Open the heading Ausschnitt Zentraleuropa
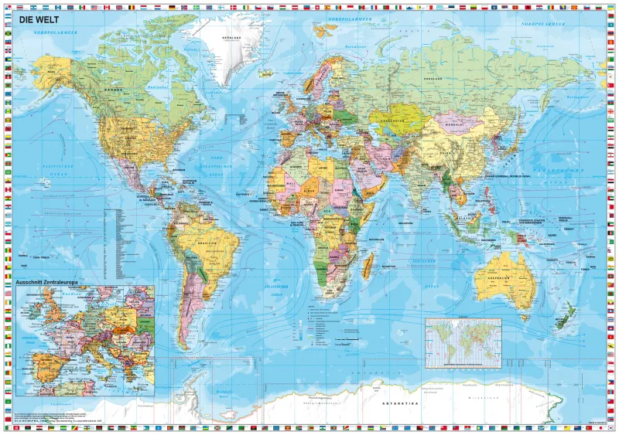click(48, 283)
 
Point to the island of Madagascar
click(369, 267)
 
